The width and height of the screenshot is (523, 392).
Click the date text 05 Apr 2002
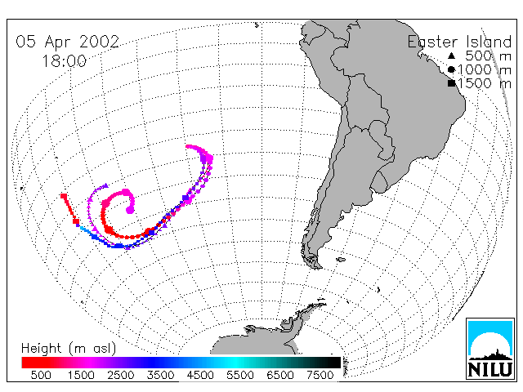click(x=67, y=42)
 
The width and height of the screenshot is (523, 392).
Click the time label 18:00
click(x=65, y=61)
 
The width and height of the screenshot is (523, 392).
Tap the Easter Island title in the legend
click(x=459, y=42)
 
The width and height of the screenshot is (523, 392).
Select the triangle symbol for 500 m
click(x=451, y=56)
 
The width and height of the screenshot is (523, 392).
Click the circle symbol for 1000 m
click(x=451, y=69)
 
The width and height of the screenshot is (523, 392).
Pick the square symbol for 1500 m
click(x=451, y=83)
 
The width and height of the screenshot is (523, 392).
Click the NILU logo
click(x=490, y=349)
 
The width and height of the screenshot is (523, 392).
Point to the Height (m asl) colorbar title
click(x=69, y=349)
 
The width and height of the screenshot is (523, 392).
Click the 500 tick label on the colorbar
click(x=41, y=375)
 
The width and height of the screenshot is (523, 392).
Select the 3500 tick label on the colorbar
click(x=160, y=375)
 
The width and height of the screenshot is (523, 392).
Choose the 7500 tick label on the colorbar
click(x=320, y=375)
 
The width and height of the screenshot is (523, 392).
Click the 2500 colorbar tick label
click(x=120, y=375)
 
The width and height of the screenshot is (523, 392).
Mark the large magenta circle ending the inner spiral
click(x=130, y=210)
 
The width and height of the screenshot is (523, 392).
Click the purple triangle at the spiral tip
click(x=105, y=185)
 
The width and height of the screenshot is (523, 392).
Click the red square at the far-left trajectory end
click(x=64, y=196)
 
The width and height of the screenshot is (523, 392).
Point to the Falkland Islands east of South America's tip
click(x=341, y=260)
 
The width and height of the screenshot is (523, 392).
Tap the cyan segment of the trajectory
click(x=85, y=229)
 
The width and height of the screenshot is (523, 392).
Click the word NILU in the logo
click(x=490, y=369)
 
